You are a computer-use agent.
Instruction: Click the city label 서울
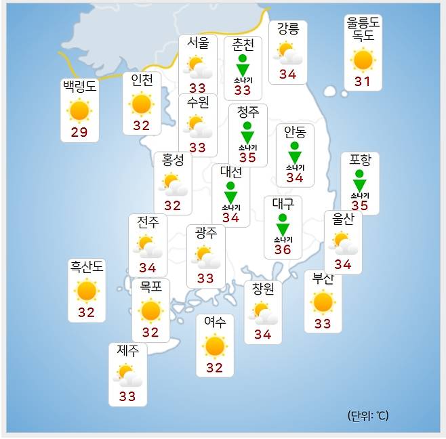click(x=197, y=43)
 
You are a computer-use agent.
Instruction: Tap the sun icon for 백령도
click(x=79, y=110)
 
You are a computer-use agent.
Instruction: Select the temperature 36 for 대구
click(x=283, y=250)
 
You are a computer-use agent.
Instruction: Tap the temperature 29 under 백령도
click(x=79, y=132)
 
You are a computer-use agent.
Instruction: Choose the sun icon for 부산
click(x=323, y=302)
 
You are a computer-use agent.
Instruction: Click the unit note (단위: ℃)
click(x=367, y=416)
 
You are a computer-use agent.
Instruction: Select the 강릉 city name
click(x=287, y=29)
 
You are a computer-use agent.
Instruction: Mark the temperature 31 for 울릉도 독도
click(x=363, y=82)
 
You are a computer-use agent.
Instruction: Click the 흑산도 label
click(x=87, y=267)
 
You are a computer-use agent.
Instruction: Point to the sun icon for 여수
click(x=214, y=346)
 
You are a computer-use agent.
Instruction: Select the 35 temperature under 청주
click(x=247, y=158)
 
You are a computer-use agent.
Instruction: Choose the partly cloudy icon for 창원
click(x=262, y=313)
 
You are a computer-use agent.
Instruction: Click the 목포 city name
click(x=150, y=287)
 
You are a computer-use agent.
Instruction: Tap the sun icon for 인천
click(x=141, y=104)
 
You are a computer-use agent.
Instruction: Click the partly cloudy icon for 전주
click(x=147, y=245)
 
